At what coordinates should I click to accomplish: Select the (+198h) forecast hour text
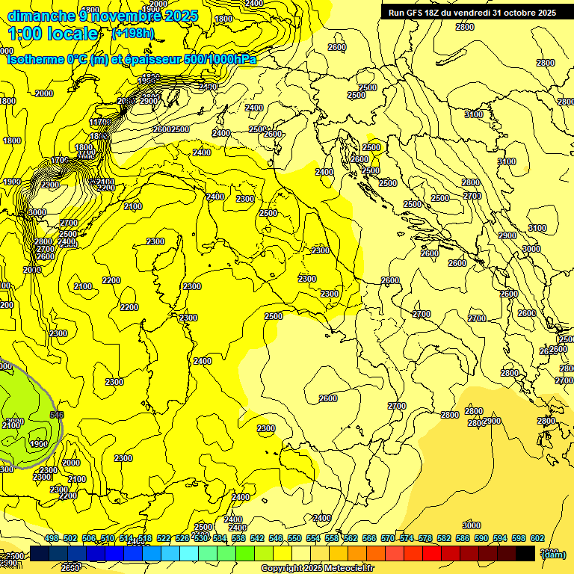(133, 33)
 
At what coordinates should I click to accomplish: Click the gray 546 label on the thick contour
(57, 414)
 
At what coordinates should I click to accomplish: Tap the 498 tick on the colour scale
(52, 538)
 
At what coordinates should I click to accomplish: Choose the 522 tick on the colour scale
(164, 538)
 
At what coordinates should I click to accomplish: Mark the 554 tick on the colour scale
(313, 538)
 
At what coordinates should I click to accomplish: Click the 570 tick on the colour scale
(388, 538)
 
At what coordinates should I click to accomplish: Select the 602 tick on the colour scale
(537, 538)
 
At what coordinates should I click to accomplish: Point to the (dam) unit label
(553, 554)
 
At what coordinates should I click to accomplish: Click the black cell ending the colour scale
(525, 553)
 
